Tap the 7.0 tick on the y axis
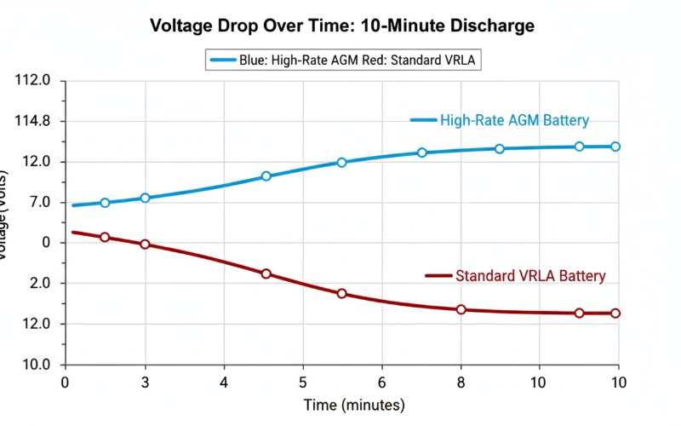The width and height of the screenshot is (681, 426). [39, 203]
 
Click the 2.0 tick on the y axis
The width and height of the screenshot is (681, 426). [39, 284]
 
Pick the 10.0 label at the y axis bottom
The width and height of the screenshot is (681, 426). [36, 365]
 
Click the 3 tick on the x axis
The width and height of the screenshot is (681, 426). [145, 383]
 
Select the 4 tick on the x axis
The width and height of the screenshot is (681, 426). [224, 383]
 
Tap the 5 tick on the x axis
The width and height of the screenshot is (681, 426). [302, 383]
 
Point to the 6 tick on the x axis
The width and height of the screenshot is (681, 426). [381, 383]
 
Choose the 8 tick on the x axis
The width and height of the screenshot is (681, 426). [461, 383]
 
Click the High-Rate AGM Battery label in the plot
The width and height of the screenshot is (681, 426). [514, 120]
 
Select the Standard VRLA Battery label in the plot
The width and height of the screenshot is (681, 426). [530, 276]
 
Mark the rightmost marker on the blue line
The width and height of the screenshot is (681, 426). [615, 147]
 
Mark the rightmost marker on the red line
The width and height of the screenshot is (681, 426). [615, 314]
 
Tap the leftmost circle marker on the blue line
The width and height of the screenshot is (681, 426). [105, 203]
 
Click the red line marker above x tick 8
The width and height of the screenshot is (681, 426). [461, 309]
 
